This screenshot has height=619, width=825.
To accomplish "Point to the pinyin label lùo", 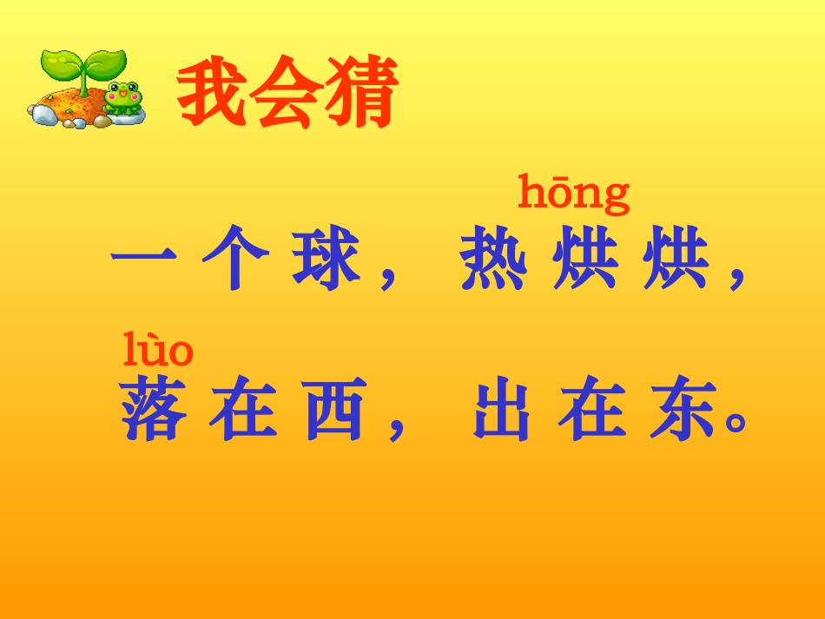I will tap(157, 351).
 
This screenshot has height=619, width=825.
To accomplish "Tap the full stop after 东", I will tap(736, 425).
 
